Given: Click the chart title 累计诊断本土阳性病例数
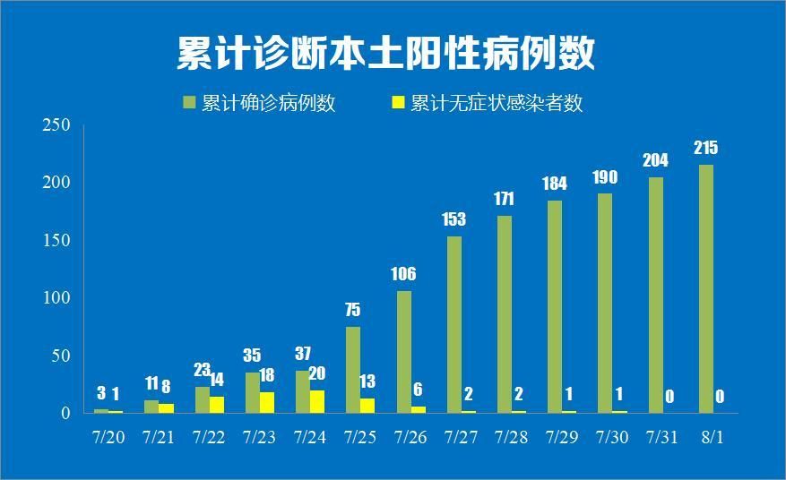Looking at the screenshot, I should (385, 53).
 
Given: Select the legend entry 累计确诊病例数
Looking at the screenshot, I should (259, 103).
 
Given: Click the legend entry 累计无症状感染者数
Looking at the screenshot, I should (488, 103).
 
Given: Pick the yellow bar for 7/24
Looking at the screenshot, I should (317, 401).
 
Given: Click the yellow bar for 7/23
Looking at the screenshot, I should (267, 402).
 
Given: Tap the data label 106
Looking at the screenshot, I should (403, 274).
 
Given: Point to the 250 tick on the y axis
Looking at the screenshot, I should (56, 125).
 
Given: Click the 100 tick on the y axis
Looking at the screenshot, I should (56, 297).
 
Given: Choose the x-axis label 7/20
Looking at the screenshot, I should (108, 438).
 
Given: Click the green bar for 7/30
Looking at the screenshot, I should (605, 303).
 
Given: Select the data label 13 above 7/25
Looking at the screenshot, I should (367, 381).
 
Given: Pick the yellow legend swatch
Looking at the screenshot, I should (400, 102).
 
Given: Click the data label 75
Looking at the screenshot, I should (352, 310).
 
